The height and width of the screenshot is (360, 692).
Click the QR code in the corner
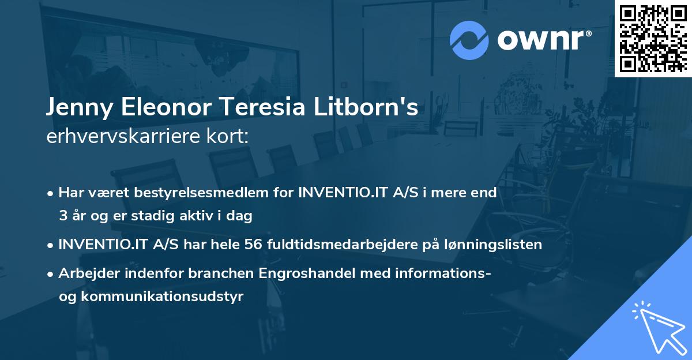(653, 38)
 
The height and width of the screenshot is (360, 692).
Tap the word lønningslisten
(494, 245)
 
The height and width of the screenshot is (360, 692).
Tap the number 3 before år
(62, 216)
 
